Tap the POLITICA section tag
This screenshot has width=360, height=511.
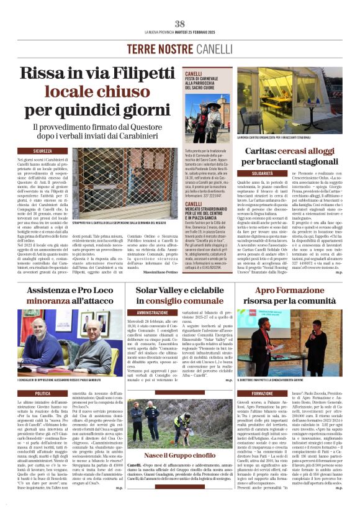coord(43,393)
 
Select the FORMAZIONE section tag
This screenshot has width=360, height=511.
coord(262,394)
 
